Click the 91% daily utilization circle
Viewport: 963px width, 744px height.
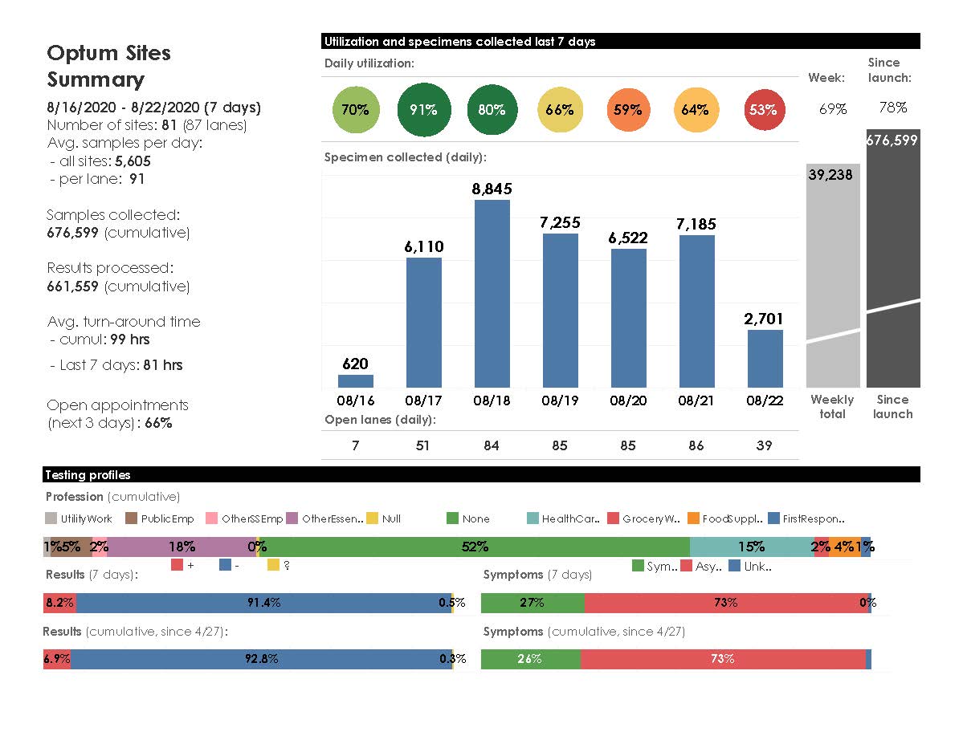point(423,110)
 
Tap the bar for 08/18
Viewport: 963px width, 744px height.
point(492,294)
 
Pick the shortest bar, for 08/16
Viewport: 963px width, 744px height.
point(355,381)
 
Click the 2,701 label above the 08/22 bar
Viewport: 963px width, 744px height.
point(763,319)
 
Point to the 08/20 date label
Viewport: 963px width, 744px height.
point(628,400)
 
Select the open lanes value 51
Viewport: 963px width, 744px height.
point(423,445)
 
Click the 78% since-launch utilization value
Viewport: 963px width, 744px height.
point(892,108)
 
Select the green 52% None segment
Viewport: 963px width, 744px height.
point(475,547)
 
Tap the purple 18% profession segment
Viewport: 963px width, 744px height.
point(182,547)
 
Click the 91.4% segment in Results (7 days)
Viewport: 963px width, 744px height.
point(263,603)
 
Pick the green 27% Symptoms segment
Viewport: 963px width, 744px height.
point(533,603)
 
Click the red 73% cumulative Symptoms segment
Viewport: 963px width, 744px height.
point(723,659)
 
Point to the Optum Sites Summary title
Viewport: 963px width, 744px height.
point(108,66)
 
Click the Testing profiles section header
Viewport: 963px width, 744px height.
point(88,475)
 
